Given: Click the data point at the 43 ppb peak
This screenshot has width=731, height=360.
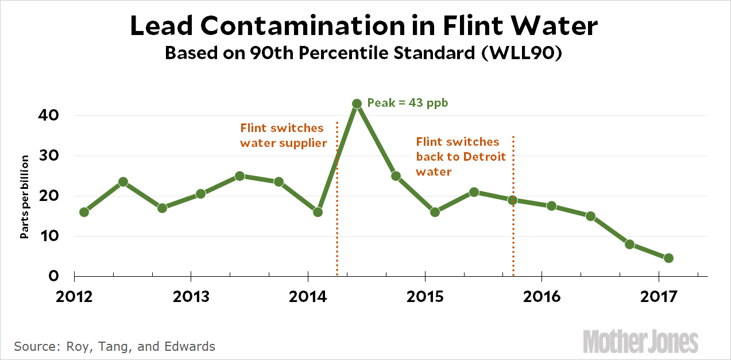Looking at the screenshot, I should pos(357,103).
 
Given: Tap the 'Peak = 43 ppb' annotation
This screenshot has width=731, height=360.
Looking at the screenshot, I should pos(407,103).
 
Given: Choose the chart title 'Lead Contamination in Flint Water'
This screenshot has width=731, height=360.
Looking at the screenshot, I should pos(365,26).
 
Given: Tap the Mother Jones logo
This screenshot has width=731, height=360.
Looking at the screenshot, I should pos(641,341).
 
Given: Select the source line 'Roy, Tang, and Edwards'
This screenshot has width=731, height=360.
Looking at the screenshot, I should pos(114,346).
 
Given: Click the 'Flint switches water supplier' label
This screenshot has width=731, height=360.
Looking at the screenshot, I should pos(283,135).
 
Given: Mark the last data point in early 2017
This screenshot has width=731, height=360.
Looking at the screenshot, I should pos(668,258).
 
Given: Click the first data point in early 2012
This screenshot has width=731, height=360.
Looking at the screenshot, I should pos(84,212).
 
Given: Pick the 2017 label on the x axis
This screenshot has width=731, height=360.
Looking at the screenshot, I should pos(659,297).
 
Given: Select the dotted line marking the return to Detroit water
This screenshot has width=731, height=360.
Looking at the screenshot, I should pos(513,241).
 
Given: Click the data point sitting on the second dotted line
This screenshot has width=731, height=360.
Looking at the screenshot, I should pos(513,200).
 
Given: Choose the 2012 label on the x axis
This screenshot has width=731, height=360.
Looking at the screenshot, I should pos(74,297).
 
